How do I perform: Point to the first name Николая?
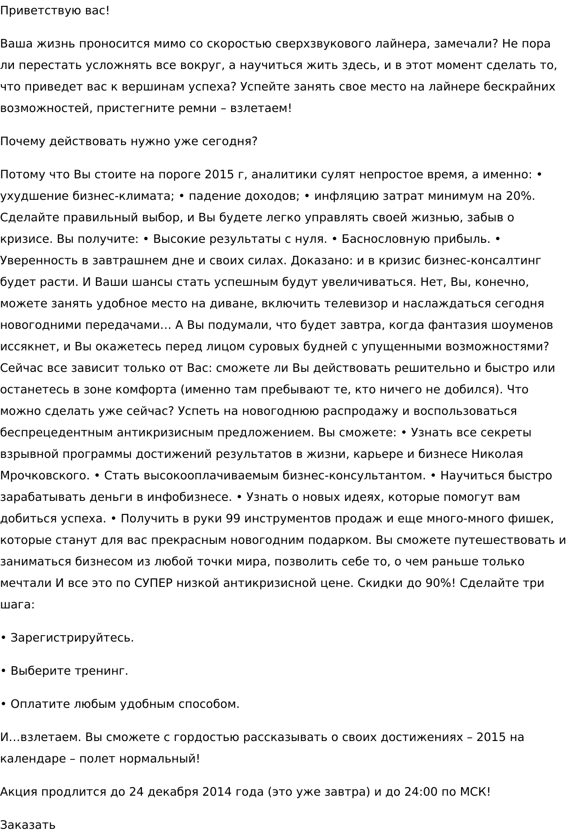(x=497, y=454)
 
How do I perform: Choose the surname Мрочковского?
(x=45, y=476)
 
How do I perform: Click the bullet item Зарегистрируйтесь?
(x=72, y=638)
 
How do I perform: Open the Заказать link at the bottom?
(x=28, y=825)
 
